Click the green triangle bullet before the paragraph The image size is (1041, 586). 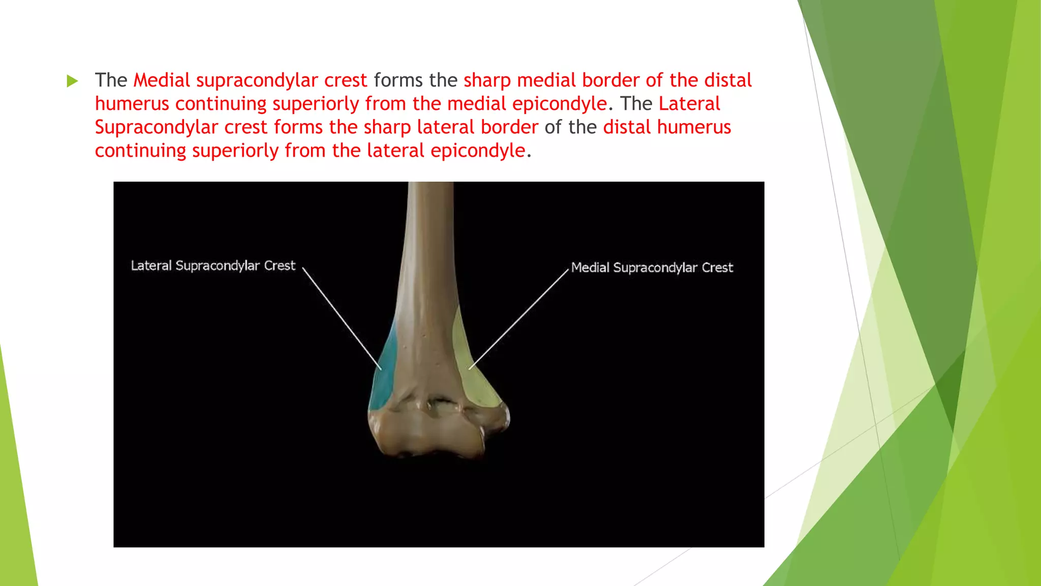pos(72,81)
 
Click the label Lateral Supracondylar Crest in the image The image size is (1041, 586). pos(213,266)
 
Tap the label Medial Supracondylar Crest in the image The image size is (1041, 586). pos(652,268)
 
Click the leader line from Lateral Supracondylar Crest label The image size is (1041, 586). pos(342,318)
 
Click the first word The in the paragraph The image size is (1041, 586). pos(110,80)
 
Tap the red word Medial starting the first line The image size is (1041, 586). pos(162,80)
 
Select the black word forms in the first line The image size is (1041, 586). pos(398,80)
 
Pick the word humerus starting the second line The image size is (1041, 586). pos(132,104)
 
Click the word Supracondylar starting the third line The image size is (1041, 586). pos(156,128)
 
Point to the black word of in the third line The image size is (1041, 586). pos(553,127)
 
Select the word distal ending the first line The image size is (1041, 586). pos(727,80)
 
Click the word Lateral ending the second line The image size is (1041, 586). pos(689,104)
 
